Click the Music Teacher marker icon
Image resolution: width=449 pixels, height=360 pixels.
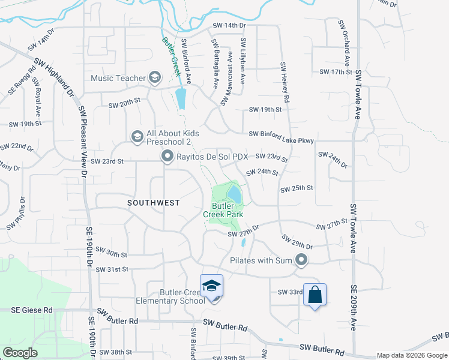click(x=155, y=77)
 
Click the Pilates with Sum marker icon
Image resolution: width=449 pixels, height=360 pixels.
click(x=301, y=260)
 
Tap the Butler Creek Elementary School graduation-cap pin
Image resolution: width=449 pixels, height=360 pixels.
click(x=211, y=286)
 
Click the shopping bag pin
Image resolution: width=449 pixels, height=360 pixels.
click(x=315, y=295)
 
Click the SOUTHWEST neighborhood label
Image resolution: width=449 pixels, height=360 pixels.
click(x=153, y=203)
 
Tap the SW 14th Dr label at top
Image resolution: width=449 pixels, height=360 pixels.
click(x=229, y=26)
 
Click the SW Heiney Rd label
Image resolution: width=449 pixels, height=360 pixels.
click(x=285, y=81)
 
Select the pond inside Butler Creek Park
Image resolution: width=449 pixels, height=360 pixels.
click(x=234, y=194)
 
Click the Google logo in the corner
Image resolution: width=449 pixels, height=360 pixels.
click(x=20, y=353)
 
